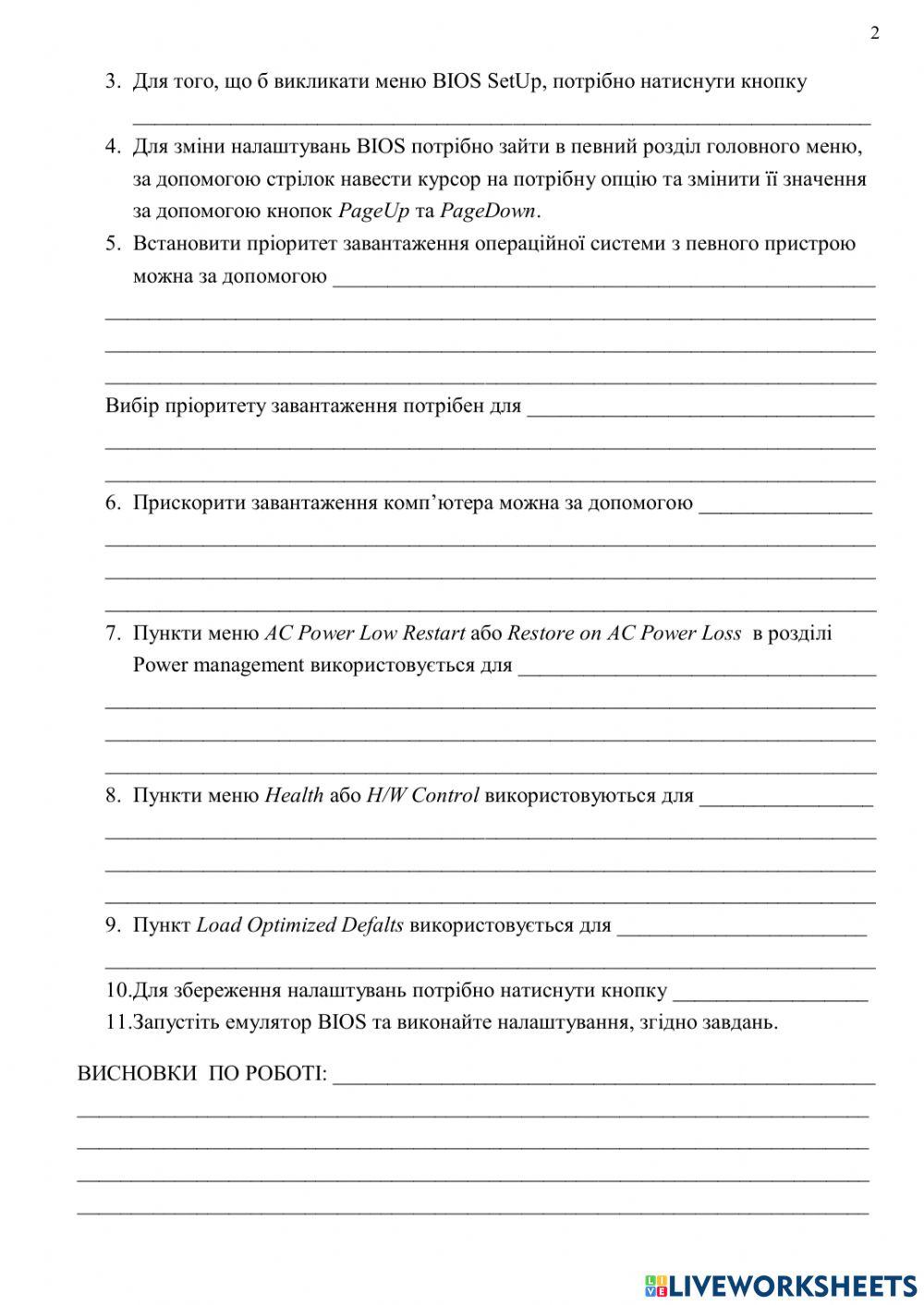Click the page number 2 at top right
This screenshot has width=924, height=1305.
[x=875, y=34]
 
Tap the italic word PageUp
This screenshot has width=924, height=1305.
[x=373, y=211]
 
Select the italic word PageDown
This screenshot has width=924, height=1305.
[x=487, y=211]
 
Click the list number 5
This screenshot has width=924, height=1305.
[x=113, y=244]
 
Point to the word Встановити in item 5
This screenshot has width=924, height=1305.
[x=188, y=244]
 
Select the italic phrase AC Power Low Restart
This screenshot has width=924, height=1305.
[x=365, y=634]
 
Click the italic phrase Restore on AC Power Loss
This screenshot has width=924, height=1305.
[x=625, y=634]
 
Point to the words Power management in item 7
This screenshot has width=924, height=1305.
[x=218, y=666]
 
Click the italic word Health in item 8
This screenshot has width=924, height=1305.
[x=294, y=796]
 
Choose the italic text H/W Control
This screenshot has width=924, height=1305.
[x=422, y=796]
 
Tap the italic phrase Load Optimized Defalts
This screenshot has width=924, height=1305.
[x=299, y=925]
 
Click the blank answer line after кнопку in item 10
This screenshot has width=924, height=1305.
[x=771, y=996]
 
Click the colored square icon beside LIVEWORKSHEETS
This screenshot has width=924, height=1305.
[x=655, y=1285]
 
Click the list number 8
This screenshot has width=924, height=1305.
[x=113, y=796]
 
